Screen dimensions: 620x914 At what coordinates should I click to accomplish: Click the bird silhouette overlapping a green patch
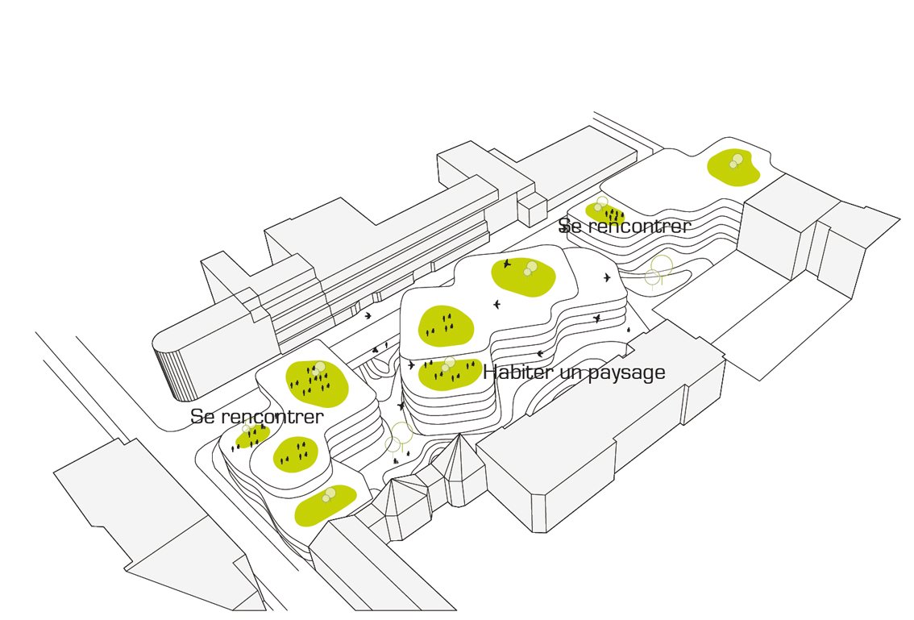click(507, 264)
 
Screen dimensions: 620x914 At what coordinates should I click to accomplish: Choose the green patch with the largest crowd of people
click(315, 381)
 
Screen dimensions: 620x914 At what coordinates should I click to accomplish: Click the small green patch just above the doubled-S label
click(604, 213)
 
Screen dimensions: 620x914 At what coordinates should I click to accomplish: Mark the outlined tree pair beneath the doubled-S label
click(658, 269)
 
